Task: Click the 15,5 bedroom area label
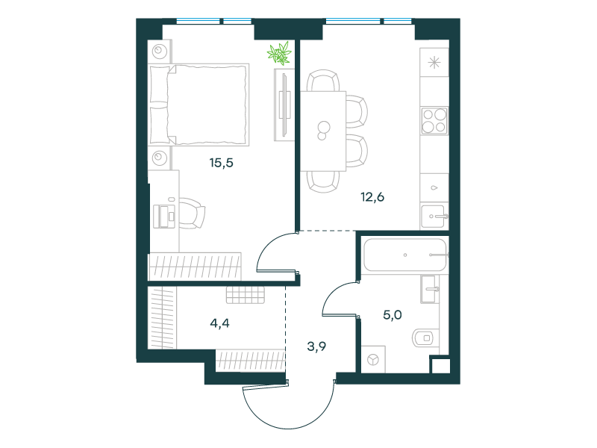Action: click(x=221, y=163)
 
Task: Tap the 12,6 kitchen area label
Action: click(x=372, y=197)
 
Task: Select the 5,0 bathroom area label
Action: click(x=393, y=315)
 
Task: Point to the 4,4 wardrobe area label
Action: click(x=219, y=323)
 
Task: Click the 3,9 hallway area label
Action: click(x=316, y=346)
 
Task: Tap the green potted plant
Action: click(x=279, y=53)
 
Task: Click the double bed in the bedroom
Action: click(x=199, y=105)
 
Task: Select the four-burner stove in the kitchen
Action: click(x=434, y=121)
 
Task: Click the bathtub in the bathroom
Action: click(x=404, y=255)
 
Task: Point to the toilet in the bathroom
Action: click(x=425, y=337)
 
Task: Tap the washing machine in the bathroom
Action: click(x=373, y=359)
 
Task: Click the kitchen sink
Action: click(x=434, y=217)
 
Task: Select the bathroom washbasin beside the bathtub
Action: click(x=430, y=289)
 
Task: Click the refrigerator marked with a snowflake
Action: click(x=434, y=63)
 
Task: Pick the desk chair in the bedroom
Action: click(x=192, y=214)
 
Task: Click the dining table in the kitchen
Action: click(x=323, y=131)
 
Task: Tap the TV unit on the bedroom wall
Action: click(x=284, y=105)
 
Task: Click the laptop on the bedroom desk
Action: click(x=164, y=216)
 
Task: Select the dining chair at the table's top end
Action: click(x=323, y=81)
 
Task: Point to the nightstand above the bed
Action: click(x=160, y=51)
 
